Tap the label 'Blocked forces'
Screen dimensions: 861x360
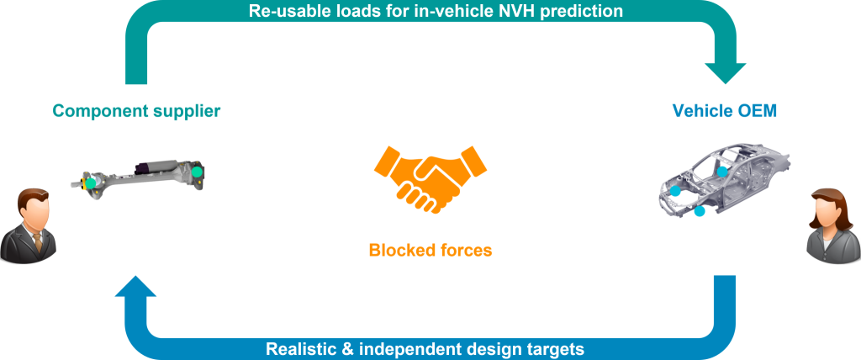pos(430,251)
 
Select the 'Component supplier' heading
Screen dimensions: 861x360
pos(136,111)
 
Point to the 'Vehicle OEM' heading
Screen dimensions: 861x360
pos(725,111)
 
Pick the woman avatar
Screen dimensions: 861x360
pos(832,226)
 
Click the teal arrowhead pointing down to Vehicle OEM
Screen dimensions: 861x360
pos(725,73)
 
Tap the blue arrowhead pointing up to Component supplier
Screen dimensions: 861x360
pos(136,286)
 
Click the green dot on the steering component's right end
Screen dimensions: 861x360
pos(197,172)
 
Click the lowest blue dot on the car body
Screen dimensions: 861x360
pos(699,211)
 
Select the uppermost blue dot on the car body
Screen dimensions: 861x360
pos(722,172)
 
